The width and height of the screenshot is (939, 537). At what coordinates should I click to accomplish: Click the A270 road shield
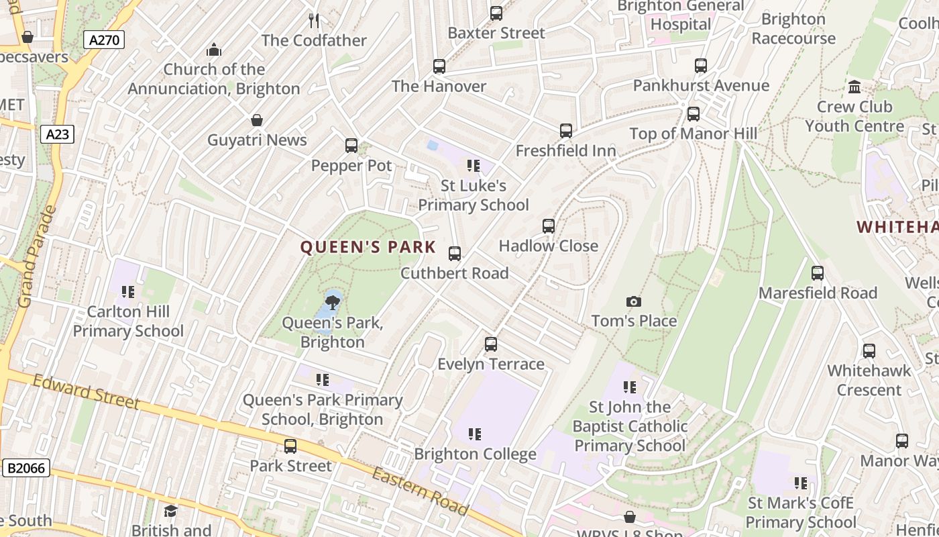point(104,40)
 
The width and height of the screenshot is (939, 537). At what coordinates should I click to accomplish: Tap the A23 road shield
point(58,134)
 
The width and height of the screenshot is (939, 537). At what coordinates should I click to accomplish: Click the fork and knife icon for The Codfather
point(314,20)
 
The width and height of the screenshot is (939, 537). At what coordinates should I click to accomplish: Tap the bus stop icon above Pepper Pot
point(351,146)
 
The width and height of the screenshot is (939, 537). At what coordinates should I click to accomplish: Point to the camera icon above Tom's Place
point(634,301)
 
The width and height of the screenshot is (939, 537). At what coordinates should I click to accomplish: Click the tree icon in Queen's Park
point(332,301)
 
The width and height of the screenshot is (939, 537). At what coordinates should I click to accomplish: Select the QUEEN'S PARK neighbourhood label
point(368,247)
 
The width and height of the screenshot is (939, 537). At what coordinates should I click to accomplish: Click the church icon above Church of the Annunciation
point(214,50)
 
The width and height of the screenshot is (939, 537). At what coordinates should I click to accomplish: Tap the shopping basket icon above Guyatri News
point(257,120)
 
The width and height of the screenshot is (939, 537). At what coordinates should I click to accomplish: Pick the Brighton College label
point(475,454)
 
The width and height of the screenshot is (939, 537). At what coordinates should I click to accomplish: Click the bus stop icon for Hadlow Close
point(549,226)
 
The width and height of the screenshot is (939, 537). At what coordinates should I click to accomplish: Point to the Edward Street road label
point(86,392)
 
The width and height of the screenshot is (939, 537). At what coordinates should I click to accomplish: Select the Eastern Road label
point(420,491)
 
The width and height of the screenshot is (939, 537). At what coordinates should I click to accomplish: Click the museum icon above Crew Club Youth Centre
point(854,87)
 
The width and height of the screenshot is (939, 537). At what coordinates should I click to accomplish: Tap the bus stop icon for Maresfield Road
point(818,273)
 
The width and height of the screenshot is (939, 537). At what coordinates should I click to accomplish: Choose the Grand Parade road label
point(38,256)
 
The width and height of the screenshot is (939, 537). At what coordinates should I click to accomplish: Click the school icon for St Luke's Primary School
point(474,166)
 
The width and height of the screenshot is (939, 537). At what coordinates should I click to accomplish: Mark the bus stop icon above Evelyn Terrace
point(491,344)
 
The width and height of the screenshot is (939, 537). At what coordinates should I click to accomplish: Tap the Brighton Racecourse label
point(793,29)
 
